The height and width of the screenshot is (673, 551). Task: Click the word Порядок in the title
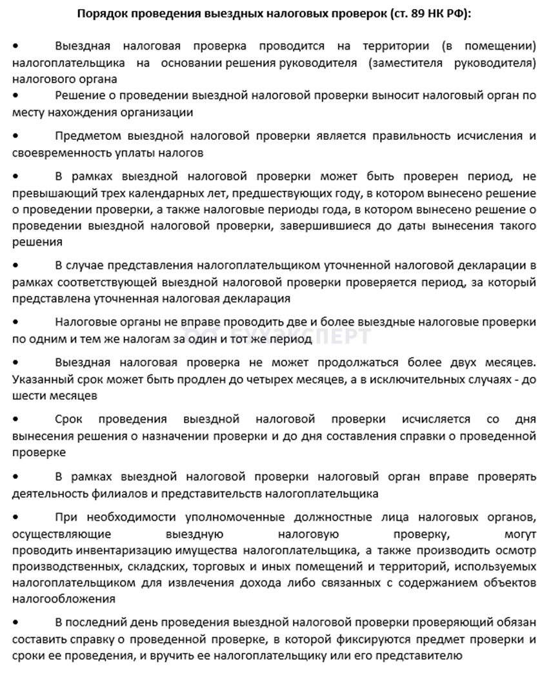(103, 13)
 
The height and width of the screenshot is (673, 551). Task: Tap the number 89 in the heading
(412, 13)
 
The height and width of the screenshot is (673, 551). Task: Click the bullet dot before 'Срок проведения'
(15, 420)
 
